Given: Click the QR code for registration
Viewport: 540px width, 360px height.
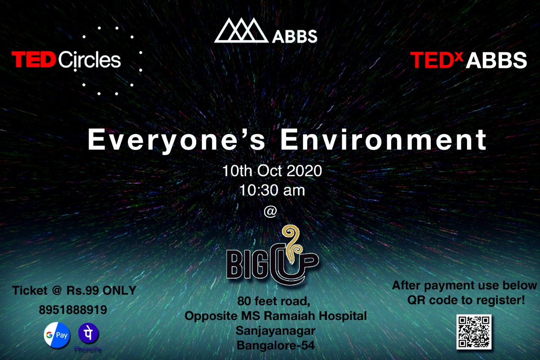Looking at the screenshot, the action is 474,332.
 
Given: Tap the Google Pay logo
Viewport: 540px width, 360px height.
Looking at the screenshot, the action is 57,335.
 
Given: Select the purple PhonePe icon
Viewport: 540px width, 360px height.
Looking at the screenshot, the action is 88,333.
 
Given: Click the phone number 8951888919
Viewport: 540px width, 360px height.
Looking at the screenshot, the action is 73,310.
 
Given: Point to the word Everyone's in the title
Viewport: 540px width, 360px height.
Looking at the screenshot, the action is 176,140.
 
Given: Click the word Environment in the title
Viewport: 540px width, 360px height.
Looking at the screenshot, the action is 383,139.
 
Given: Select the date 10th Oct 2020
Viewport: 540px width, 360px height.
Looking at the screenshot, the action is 272,171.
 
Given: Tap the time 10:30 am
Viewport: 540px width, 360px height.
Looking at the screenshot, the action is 272,190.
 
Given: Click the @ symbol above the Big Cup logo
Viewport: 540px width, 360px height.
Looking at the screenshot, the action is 270,211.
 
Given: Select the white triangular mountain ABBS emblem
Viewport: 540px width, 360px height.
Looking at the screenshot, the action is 241,30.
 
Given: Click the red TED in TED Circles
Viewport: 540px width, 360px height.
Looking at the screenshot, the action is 33,60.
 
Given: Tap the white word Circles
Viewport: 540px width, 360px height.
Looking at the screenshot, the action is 89,60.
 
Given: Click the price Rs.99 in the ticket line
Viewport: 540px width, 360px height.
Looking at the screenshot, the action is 83,290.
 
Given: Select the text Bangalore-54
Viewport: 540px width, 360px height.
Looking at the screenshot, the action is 275,345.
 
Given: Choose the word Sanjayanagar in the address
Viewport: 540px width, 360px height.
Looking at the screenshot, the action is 275,331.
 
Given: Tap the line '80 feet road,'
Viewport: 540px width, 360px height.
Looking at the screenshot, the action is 274,301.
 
